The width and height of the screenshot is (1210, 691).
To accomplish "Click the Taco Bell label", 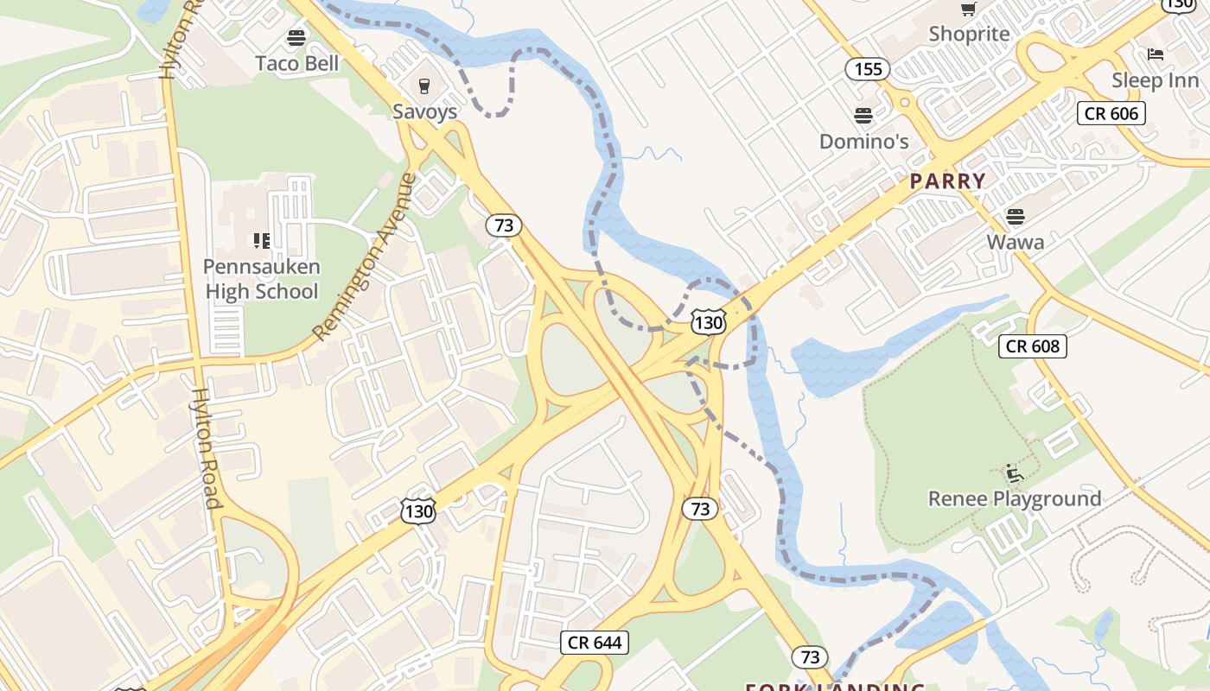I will click(x=297, y=63).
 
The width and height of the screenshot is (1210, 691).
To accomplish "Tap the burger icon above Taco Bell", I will click(x=297, y=37).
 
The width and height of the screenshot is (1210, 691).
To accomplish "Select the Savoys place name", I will click(x=424, y=111).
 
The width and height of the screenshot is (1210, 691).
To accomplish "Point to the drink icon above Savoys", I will click(x=424, y=86).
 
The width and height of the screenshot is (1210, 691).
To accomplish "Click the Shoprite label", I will click(x=969, y=34).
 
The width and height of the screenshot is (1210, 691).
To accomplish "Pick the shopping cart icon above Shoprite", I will click(x=969, y=10).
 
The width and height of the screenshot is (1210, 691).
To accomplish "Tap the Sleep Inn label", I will click(x=1155, y=80).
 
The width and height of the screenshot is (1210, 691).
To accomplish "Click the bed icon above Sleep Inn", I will click(x=1155, y=54).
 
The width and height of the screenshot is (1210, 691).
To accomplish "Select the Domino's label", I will click(x=863, y=141).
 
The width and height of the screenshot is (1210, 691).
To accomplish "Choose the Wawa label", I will click(x=1016, y=242).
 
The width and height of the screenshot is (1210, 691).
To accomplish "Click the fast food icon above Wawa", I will click(x=1016, y=216).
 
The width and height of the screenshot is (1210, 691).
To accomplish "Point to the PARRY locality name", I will click(x=947, y=181).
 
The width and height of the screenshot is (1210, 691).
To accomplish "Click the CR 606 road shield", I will click(x=1111, y=113).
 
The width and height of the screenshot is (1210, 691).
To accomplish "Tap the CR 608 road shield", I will click(x=1033, y=346).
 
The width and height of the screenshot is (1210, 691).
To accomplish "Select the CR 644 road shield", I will click(x=595, y=643).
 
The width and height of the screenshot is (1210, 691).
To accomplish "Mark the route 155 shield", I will click(x=868, y=69).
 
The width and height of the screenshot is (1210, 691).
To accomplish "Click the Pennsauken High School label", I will click(x=262, y=279).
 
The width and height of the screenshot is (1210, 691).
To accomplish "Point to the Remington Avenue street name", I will click(x=364, y=257).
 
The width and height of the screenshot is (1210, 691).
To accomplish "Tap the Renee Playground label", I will click(x=1015, y=498).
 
